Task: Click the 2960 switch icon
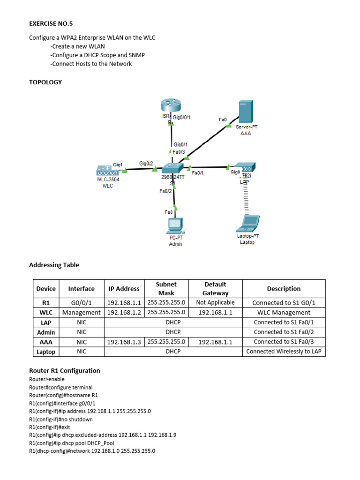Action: pyautogui.click(x=171, y=168)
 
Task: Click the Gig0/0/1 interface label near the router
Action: pyautogui.click(x=182, y=117)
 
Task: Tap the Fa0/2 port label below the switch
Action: pyautogui.click(x=166, y=191)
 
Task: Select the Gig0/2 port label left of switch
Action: pyautogui.click(x=146, y=164)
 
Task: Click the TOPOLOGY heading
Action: pyautogui.click(x=45, y=82)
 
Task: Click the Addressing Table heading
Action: pyautogui.click(x=54, y=265)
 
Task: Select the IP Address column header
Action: pyautogui.click(x=124, y=289)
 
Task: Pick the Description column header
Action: pyautogui.click(x=284, y=289)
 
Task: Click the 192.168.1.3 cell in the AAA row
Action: pyautogui.click(x=124, y=342)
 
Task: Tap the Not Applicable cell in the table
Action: pyautogui.click(x=215, y=303)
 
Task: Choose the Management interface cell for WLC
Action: pyautogui.click(x=82, y=313)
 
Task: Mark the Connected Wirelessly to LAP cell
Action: pyautogui.click(x=284, y=352)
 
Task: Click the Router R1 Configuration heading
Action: pyautogui.click(x=65, y=370)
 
